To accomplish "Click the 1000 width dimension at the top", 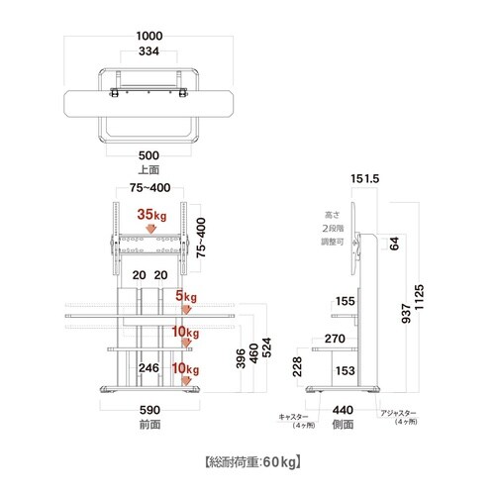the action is pos(149,36).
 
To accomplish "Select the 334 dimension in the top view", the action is pos(148,51).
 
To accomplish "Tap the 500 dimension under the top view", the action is pos(148,155).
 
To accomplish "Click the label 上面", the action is pos(148,170).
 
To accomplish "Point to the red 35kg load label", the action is pos(151,215).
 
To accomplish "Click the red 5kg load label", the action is pos(186,296).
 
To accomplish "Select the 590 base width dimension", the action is pos(149,410).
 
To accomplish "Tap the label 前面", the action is pos(149,425).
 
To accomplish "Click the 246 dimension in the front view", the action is pos(148,368).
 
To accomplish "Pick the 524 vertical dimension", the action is pos(266,347).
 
